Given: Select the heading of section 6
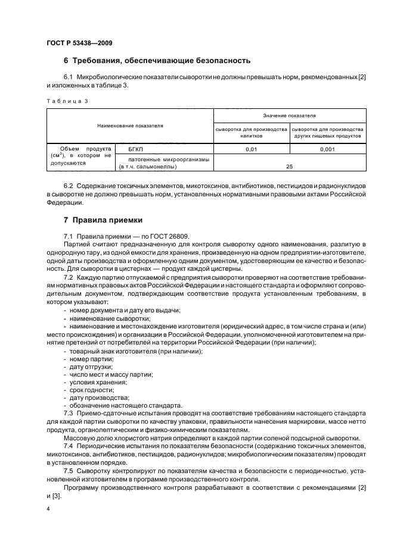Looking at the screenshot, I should point(157,61).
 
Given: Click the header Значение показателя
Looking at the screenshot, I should point(289,115).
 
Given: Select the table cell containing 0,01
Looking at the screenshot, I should point(251,149).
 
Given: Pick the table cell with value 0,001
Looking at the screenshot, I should point(327,149).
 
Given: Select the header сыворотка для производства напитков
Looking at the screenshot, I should point(251,132).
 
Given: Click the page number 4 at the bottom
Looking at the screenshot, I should point(47,509).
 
